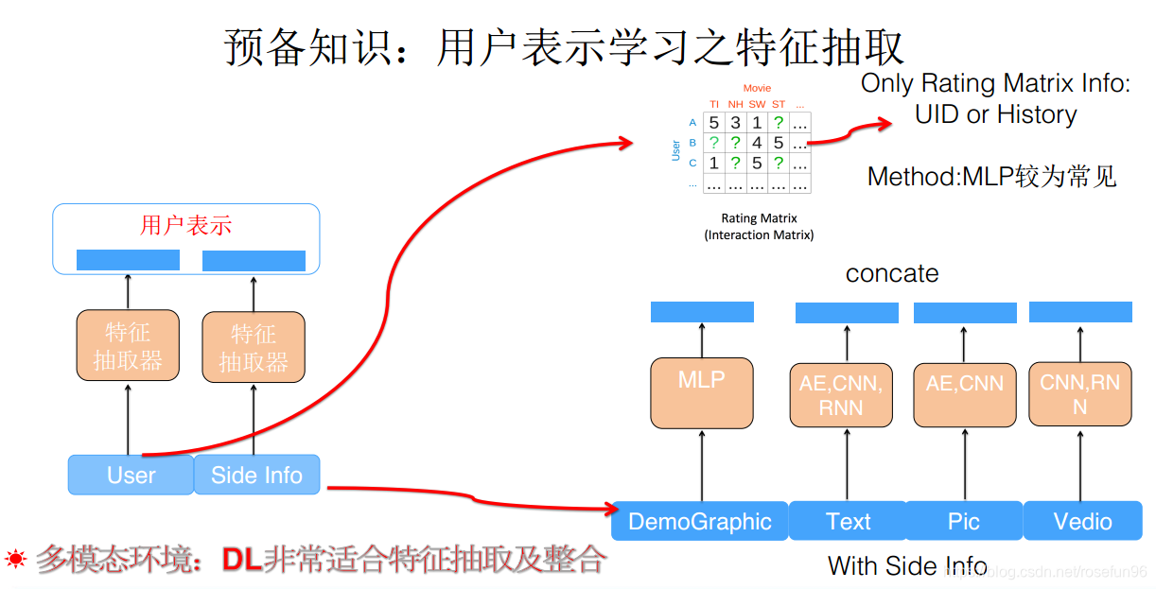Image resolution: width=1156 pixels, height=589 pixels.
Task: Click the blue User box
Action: tap(131, 475)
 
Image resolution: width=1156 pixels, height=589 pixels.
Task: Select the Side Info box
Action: tap(256, 475)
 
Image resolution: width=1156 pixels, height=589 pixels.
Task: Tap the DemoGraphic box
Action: tap(700, 521)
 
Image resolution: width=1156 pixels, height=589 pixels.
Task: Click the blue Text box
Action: tap(848, 521)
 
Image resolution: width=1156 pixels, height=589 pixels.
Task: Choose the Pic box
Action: tap(963, 521)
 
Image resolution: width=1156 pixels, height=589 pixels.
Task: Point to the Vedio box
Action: tap(1083, 521)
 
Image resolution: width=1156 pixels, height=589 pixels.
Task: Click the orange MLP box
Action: tap(702, 391)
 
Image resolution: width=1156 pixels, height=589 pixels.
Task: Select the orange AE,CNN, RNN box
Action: tap(841, 395)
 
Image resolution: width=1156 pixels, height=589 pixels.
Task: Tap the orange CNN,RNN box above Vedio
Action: tap(1079, 394)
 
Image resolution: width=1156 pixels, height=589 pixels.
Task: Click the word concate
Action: tap(892, 274)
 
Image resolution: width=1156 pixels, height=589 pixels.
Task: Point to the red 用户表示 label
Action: tap(185, 225)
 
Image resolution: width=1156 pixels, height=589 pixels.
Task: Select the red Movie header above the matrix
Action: tap(757, 88)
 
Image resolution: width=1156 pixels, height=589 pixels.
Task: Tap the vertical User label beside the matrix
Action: tap(675, 150)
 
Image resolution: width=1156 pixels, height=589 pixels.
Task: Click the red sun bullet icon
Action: tap(15, 559)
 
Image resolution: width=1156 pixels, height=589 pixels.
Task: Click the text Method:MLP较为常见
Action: tap(991, 176)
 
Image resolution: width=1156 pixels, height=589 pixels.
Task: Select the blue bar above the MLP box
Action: tap(702, 312)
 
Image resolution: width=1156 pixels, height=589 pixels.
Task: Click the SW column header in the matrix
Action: tap(757, 104)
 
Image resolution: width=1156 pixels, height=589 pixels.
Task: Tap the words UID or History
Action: tap(995, 115)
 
